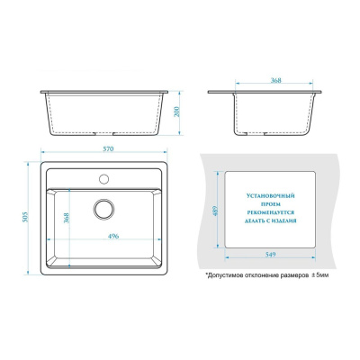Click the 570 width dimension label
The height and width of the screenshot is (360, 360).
click(109, 148)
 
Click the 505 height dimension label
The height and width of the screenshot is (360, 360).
click(25, 218)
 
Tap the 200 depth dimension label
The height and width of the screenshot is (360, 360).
click(176, 112)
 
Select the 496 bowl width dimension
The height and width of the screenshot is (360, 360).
click(113, 236)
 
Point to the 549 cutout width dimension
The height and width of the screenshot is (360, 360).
click(270, 255)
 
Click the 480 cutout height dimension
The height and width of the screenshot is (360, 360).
click(215, 211)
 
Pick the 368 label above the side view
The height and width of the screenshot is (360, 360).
click(275, 80)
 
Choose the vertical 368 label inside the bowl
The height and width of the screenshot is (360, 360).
click(67, 218)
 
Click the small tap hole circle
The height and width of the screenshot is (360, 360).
click(103, 179)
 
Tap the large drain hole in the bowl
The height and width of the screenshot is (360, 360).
click(103, 209)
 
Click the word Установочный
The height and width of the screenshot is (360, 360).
click(270, 196)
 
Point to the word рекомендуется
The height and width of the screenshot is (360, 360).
click(270, 212)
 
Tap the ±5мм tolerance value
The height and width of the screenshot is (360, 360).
click(319, 274)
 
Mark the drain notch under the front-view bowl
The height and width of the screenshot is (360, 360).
click(104, 133)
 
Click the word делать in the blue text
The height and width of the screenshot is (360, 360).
click(253, 220)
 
